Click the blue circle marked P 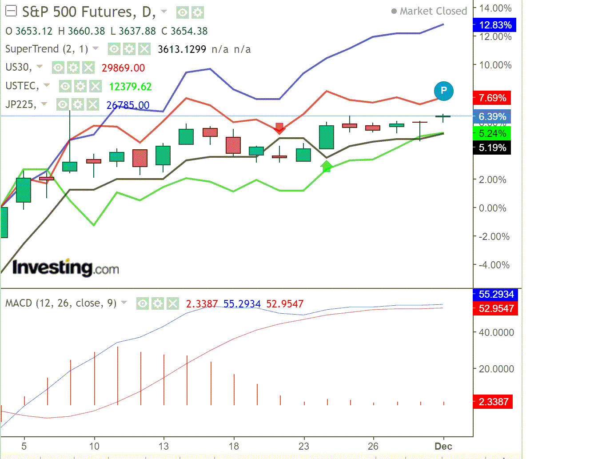443,91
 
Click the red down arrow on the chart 279,128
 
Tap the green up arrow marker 327,167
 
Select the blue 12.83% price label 495,25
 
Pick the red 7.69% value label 492,98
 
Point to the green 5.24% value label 492,134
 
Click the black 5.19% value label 492,148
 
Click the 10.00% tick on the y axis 495,65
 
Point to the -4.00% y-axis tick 494,265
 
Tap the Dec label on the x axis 443,446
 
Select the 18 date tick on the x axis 234,446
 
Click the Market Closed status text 433,11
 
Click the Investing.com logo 65,267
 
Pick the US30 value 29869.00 123,68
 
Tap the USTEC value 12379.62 130,87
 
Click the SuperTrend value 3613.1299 182,49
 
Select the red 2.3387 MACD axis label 493,402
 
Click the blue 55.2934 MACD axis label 496,294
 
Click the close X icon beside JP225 92,105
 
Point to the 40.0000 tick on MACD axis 496,332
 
